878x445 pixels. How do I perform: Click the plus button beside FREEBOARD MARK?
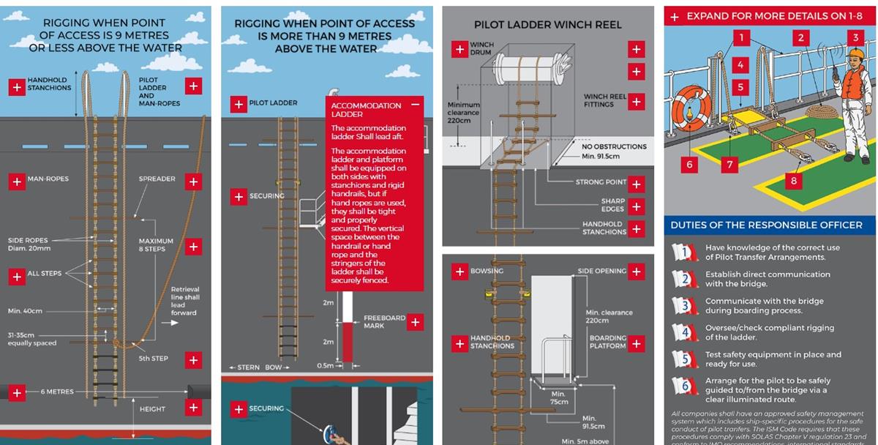coord(415,321)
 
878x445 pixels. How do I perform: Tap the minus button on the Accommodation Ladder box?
coord(416,105)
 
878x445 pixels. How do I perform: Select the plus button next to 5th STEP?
coord(193,359)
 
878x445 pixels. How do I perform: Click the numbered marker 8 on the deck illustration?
coord(793,179)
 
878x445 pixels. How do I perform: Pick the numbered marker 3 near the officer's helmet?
coord(855,37)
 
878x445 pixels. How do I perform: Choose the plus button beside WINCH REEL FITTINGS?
coord(636,101)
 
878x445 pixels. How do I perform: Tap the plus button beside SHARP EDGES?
coord(636,206)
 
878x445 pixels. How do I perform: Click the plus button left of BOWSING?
coord(459,272)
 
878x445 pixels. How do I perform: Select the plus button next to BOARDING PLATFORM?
coord(636,343)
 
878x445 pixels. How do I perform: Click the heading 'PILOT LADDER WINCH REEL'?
coord(547,25)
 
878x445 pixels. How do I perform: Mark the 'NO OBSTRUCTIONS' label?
coord(614,146)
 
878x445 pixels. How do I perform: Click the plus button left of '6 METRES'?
coord(16,392)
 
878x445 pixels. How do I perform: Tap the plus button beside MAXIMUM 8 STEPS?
coord(193,246)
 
